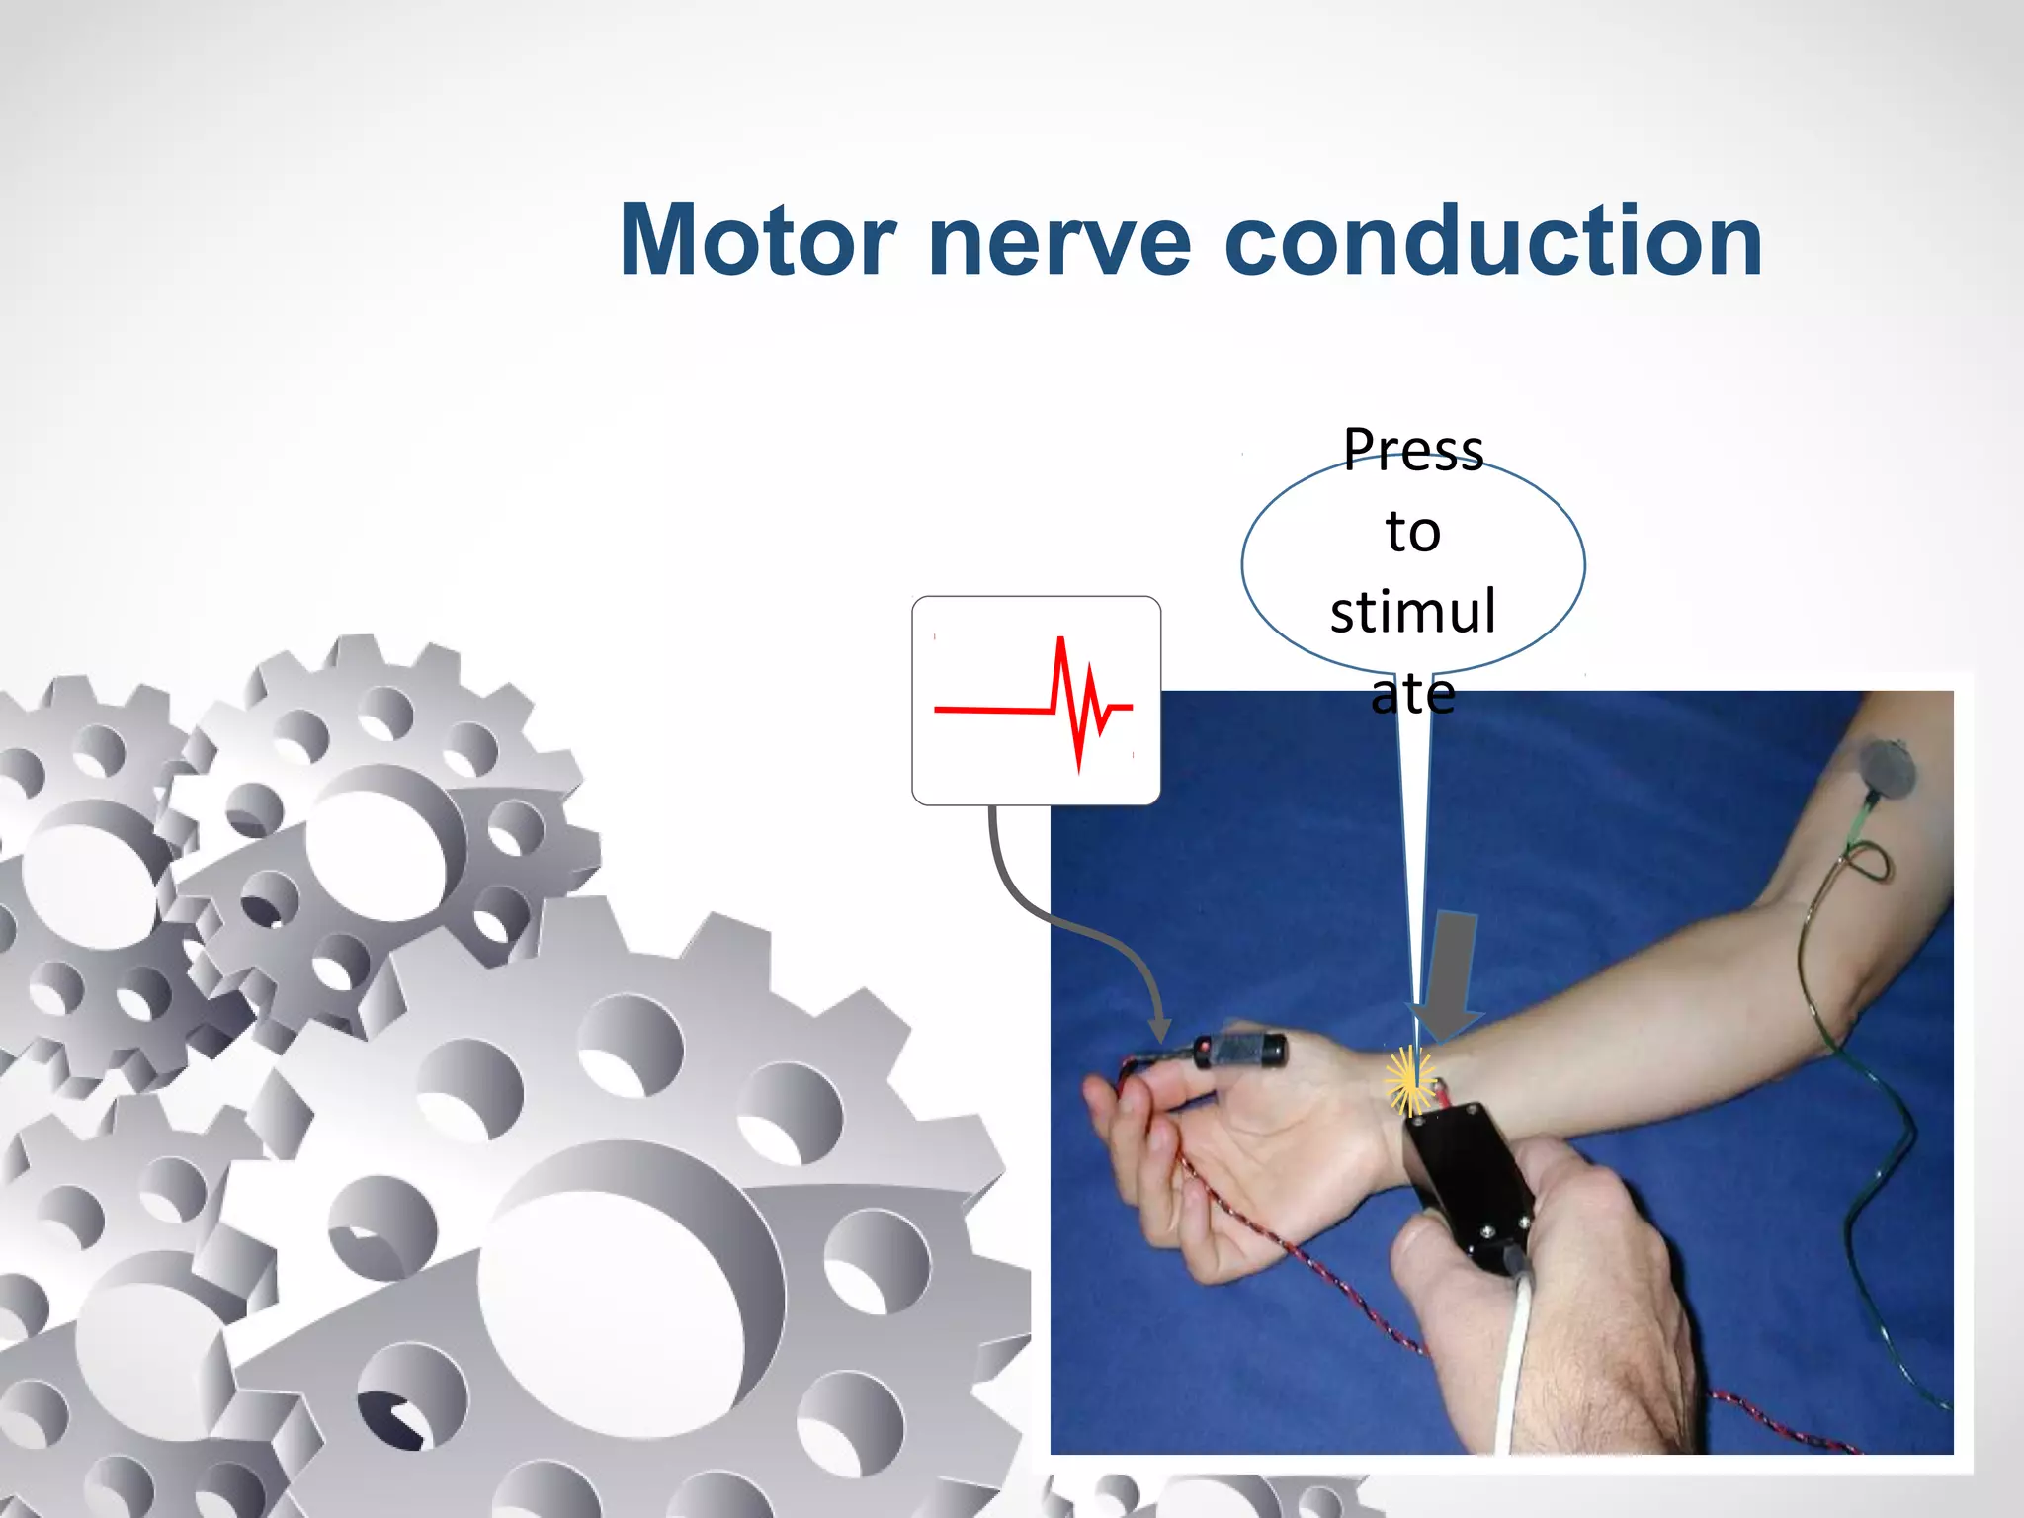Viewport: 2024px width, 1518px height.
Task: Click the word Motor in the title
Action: tap(757, 240)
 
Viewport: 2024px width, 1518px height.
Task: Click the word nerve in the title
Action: tap(1059, 242)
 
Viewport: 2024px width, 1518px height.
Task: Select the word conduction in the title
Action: tap(1492, 240)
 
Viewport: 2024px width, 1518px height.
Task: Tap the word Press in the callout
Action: tap(1413, 450)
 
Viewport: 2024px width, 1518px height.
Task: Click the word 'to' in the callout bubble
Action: tap(1413, 532)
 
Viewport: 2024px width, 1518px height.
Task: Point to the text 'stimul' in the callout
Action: tap(1413, 612)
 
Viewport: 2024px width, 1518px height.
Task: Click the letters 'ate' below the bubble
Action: tap(1413, 694)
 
